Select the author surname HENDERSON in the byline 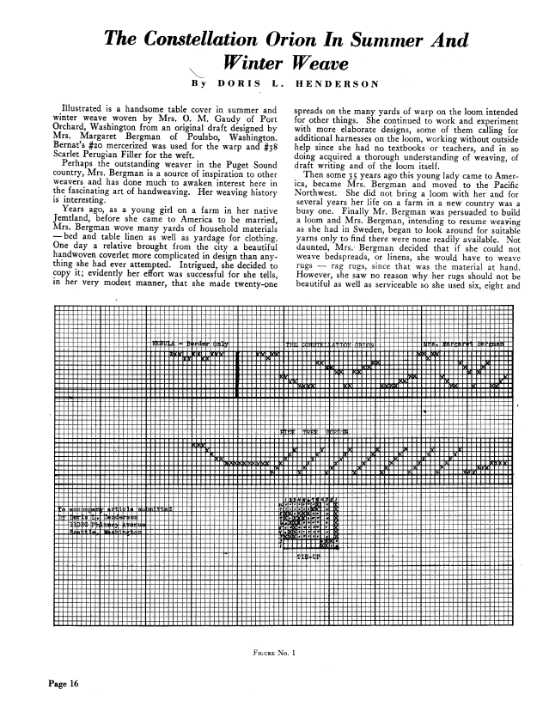[x=346, y=84]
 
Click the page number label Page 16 [x=53, y=684]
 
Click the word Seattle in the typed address [x=84, y=533]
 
